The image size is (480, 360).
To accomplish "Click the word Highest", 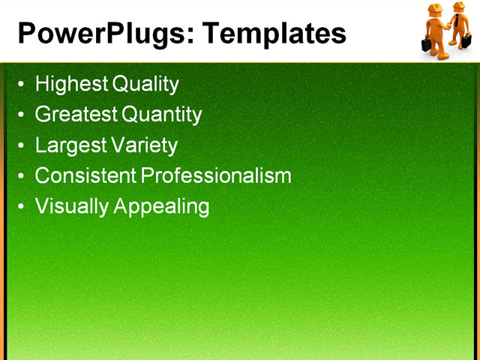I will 71,84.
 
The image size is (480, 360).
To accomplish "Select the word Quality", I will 145,84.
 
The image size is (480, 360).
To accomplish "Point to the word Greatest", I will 76,115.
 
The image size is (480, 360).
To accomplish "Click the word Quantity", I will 162,115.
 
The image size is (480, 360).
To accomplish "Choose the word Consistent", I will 85,175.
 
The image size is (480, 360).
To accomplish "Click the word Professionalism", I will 216,175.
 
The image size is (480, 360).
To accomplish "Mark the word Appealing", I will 162,206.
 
